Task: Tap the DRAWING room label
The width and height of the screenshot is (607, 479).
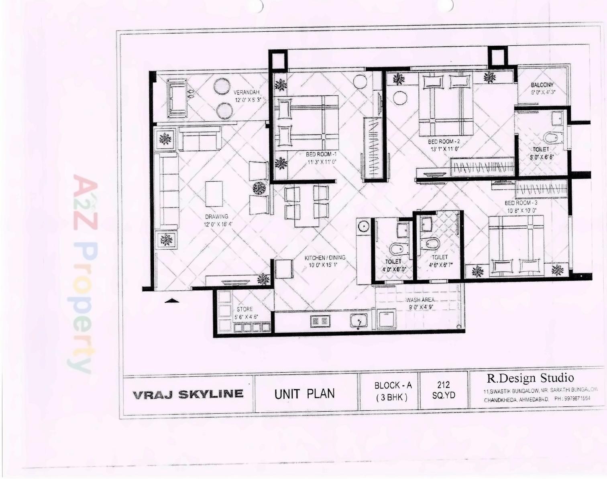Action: click(x=217, y=217)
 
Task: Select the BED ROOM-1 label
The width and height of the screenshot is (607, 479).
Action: click(x=321, y=154)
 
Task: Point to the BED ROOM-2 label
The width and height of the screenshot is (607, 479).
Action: click(x=444, y=142)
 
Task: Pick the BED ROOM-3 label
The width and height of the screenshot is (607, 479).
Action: click(x=521, y=203)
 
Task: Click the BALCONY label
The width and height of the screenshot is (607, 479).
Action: click(x=542, y=85)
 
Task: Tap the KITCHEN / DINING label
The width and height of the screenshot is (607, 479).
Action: click(x=325, y=258)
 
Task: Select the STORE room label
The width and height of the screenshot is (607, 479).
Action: click(x=244, y=309)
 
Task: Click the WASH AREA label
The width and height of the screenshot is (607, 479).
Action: click(x=420, y=300)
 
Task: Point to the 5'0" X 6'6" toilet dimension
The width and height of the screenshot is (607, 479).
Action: click(x=542, y=157)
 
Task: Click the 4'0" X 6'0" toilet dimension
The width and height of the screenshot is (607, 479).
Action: click(x=394, y=270)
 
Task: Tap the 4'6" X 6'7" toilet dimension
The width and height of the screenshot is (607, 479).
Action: click(x=440, y=265)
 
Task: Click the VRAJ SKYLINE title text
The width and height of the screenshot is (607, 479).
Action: click(x=188, y=394)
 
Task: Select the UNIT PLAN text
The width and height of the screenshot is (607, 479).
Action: click(x=304, y=394)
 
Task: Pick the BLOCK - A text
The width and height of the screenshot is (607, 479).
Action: click(x=393, y=386)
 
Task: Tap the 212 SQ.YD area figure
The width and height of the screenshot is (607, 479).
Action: click(x=444, y=390)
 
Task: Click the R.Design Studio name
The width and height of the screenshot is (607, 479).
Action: click(x=530, y=378)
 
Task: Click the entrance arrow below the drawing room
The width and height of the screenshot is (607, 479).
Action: click(x=172, y=300)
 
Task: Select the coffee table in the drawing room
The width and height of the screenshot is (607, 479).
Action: click(x=214, y=194)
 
